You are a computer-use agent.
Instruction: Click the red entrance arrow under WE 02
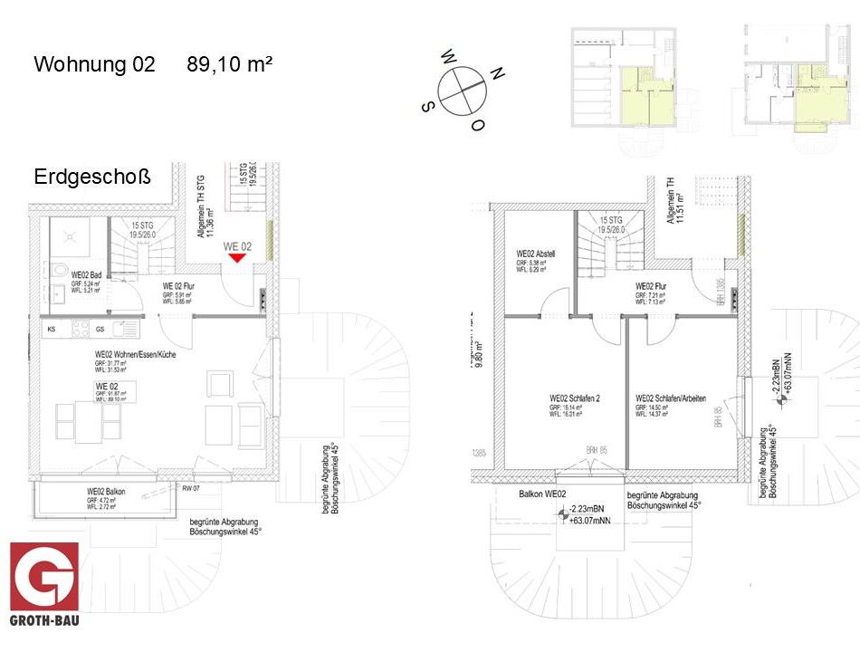pyautogui.click(x=237, y=258)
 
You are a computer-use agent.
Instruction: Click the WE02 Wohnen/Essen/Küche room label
pyautogui.click(x=136, y=355)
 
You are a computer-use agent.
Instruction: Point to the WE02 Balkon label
pyautogui.click(x=106, y=492)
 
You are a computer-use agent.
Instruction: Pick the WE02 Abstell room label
pyautogui.click(x=534, y=254)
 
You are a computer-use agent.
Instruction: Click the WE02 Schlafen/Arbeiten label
pyautogui.click(x=670, y=398)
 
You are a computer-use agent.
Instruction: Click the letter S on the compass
pyautogui.click(x=425, y=106)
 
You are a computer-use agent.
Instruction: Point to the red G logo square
pyautogui.click(x=44, y=576)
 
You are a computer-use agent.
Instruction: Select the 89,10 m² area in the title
pyautogui.click(x=230, y=64)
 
